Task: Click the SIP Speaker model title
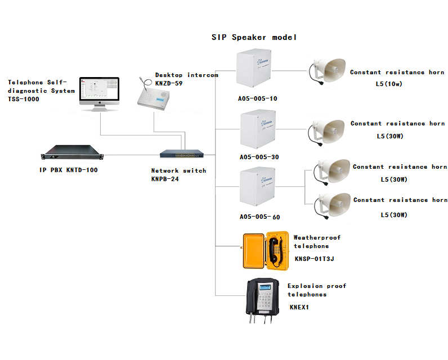(x=254, y=37)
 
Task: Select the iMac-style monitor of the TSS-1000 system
(x=99, y=92)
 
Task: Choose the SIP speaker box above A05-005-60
(x=257, y=188)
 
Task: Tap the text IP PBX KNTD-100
(x=69, y=170)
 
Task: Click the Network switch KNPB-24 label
(x=178, y=174)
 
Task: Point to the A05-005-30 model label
(x=259, y=157)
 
